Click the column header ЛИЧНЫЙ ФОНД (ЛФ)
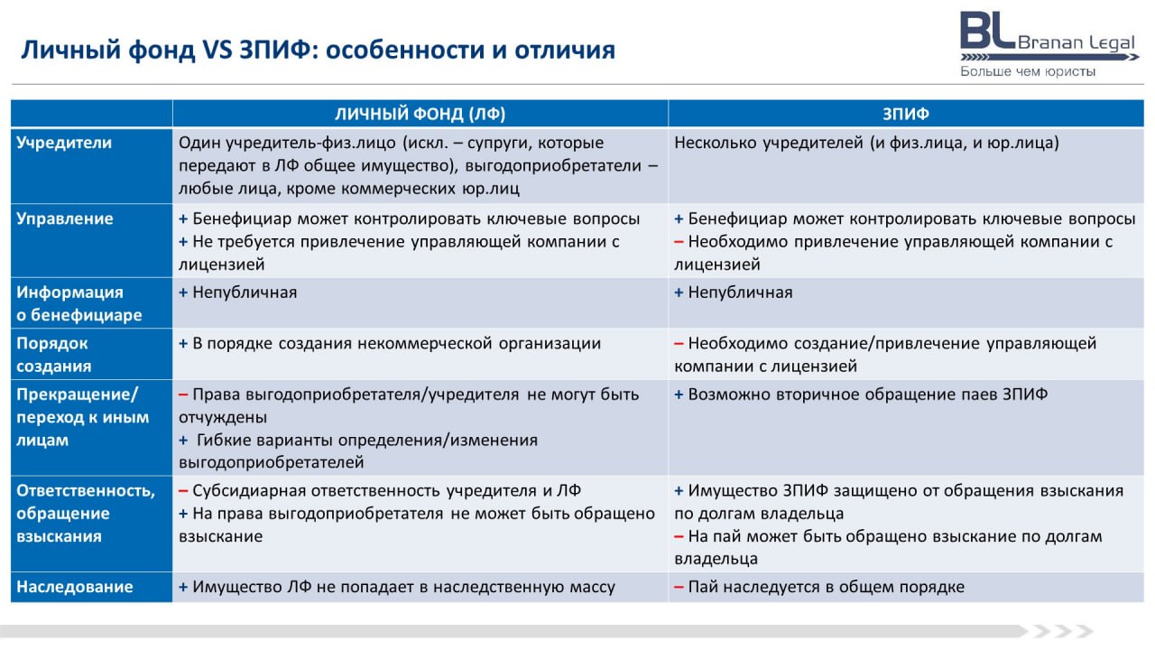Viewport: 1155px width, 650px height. coord(420,114)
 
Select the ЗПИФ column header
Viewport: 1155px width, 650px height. coord(905,114)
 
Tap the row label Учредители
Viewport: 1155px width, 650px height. coord(64,143)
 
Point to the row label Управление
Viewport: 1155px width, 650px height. coord(65,218)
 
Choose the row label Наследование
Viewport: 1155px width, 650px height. coord(75,587)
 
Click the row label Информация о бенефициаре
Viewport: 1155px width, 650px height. coord(79,303)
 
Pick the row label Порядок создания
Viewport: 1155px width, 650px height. coord(54,355)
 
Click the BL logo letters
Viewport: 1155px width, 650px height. coord(987,30)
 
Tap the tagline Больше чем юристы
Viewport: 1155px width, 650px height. coord(1028,71)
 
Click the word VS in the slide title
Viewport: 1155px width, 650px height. coord(217,50)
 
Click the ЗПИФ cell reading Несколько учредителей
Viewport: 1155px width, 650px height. coord(866,143)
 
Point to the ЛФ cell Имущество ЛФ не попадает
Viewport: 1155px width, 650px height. coord(396,587)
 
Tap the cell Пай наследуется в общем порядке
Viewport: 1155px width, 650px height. coord(819,587)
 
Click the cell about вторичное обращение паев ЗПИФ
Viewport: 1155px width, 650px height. coord(861,395)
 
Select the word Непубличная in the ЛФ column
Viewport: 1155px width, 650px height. coord(245,292)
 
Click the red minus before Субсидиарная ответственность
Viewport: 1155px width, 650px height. coord(183,491)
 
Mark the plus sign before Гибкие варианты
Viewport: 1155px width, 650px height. coord(183,440)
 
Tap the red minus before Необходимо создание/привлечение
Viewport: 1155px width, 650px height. coord(679,344)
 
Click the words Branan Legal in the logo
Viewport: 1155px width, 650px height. coord(1076,42)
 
